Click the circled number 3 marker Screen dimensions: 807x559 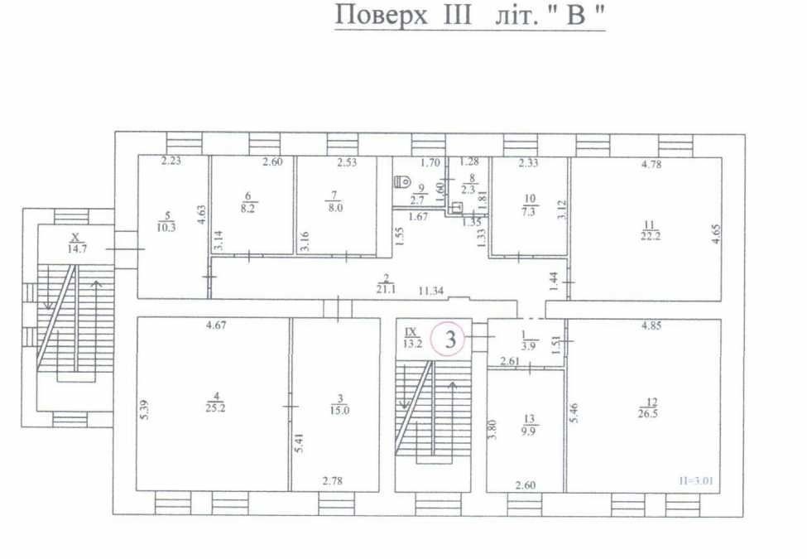pos(450,340)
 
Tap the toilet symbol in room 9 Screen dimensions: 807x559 pos(402,181)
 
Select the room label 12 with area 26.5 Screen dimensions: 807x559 pos(648,407)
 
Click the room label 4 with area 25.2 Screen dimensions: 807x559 pos(215,402)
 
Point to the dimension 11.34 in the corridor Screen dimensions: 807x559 pos(431,291)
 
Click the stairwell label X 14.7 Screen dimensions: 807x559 pos(77,243)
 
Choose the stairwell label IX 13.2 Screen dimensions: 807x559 pos(411,338)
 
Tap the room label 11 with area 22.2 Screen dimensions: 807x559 pos(650,230)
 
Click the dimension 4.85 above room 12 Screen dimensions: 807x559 pos(651,325)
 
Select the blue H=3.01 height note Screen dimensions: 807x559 pos(695,481)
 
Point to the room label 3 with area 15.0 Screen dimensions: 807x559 pos(339,405)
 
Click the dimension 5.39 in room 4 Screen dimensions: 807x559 pos(145,410)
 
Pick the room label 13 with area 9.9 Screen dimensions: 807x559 pos(529,425)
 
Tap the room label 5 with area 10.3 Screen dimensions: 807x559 pos(166,222)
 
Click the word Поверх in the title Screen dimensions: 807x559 pos(381,14)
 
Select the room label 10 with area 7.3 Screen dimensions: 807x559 pos(529,205)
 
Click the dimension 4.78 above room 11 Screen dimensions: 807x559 pos(651,165)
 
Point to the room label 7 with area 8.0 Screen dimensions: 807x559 pos(335,202)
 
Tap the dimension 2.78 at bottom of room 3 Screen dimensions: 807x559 pos(333,481)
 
